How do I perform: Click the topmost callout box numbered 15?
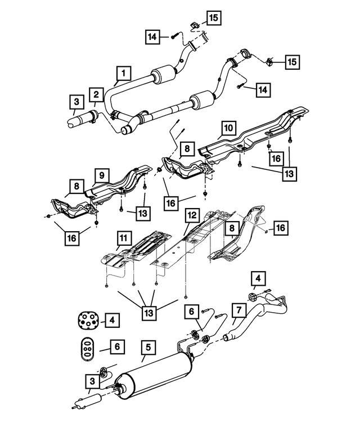[x=213, y=18]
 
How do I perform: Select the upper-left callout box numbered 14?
[x=152, y=37]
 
